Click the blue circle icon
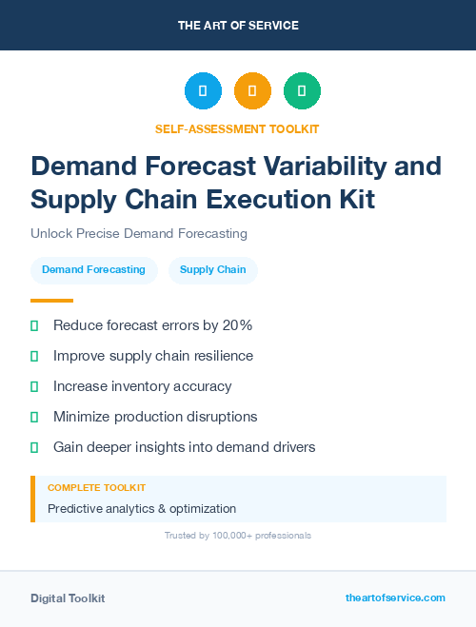(x=203, y=90)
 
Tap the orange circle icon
(x=252, y=90)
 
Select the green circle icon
(x=302, y=90)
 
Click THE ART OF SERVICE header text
(x=238, y=26)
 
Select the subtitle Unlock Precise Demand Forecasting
(x=139, y=233)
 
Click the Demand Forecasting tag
(x=93, y=270)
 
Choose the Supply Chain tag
(x=212, y=270)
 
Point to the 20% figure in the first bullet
(x=235, y=325)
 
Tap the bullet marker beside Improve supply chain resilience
(x=34, y=356)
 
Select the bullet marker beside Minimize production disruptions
(x=34, y=417)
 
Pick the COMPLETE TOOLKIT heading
(x=96, y=487)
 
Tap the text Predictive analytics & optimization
(x=142, y=509)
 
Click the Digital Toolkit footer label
(x=68, y=598)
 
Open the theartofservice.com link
(x=395, y=598)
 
